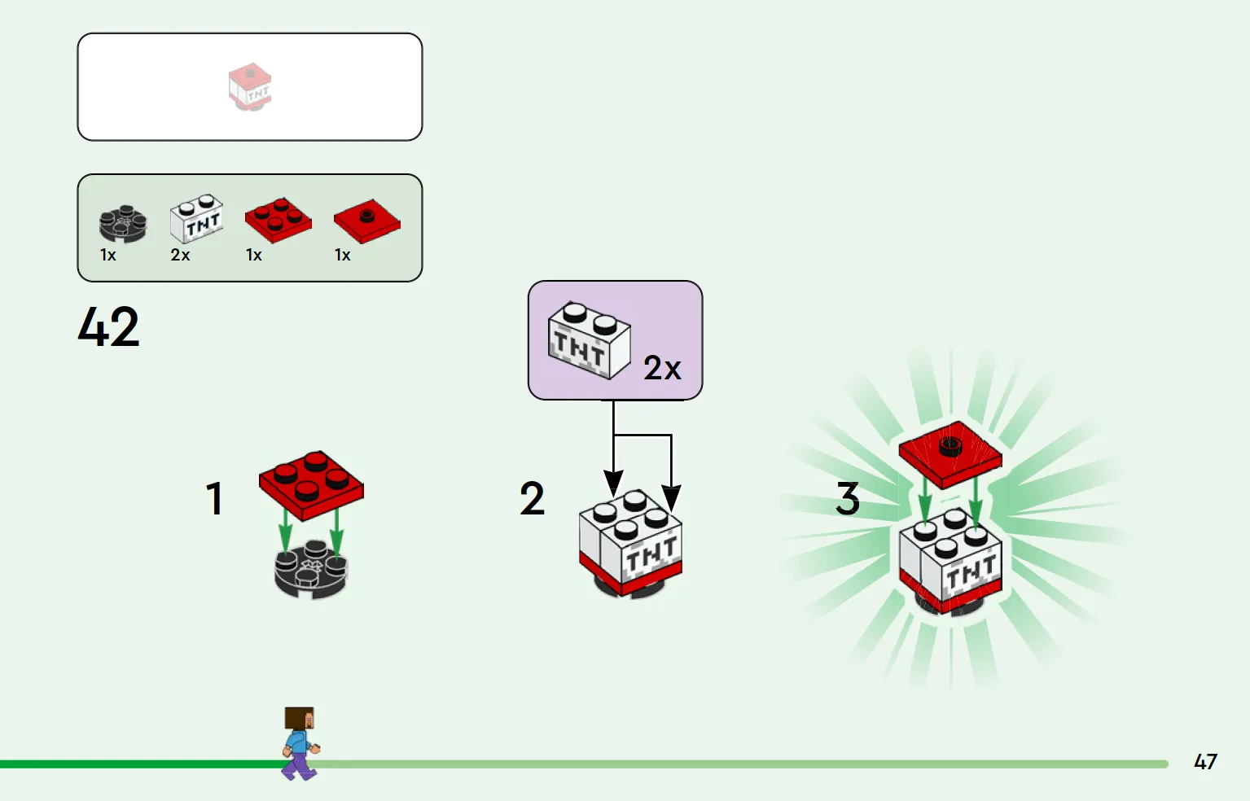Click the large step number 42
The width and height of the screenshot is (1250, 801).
108,327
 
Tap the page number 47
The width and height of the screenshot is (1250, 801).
1205,762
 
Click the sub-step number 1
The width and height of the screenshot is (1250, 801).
215,498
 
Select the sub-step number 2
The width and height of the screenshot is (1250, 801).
532,498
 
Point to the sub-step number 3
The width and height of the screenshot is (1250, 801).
848,498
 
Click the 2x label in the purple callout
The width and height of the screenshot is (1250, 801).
662,368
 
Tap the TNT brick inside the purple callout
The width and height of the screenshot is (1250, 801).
590,340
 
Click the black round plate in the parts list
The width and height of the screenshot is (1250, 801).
123,224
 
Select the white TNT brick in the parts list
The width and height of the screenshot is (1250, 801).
196,218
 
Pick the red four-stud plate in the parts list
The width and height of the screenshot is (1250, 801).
279,220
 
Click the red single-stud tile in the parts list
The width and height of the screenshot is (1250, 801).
367,221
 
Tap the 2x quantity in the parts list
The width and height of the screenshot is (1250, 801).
180,256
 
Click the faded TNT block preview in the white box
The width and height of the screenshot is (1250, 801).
250,87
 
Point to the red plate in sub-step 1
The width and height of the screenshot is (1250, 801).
311,486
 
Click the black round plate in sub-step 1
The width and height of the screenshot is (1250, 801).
311,570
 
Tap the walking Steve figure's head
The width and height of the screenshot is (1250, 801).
300,719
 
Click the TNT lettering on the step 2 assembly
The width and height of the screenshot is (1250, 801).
651,554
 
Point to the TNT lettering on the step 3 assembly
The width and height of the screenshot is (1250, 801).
971,572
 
